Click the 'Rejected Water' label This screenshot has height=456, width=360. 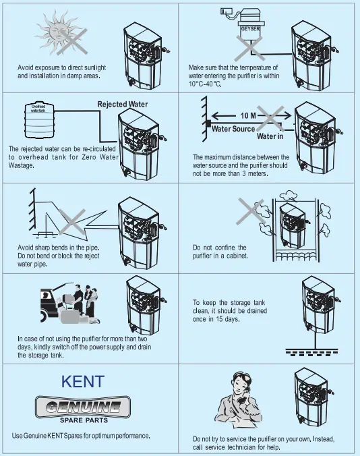123,105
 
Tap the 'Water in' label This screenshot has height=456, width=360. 270,137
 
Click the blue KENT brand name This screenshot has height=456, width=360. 83,381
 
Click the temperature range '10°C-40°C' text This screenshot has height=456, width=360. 206,84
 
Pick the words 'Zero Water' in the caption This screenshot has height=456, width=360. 97,157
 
